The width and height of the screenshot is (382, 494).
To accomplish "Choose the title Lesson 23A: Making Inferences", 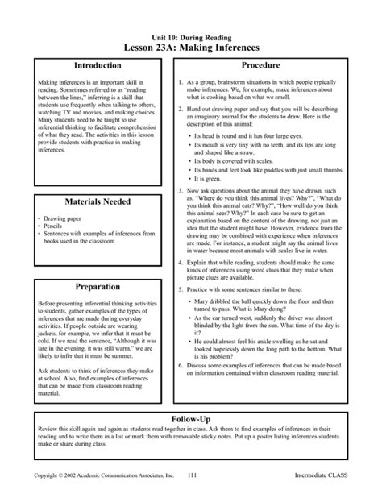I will point(192,48).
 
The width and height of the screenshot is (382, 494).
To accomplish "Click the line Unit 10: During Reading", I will point(192,37).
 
